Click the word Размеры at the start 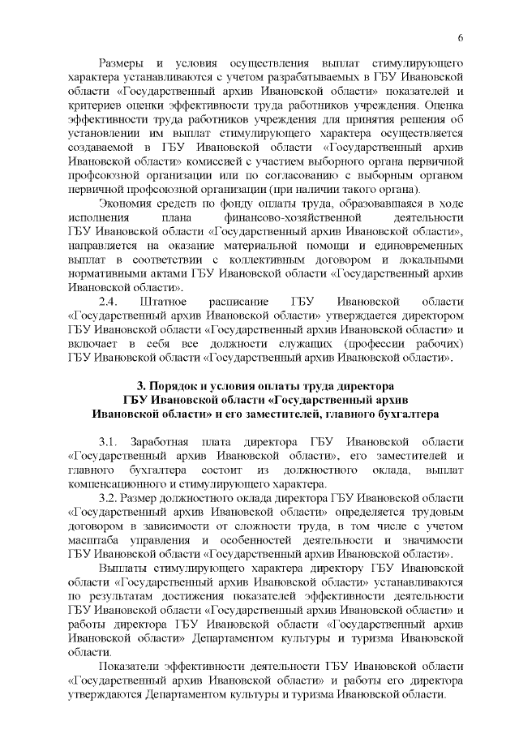click(122, 62)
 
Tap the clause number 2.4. click(109, 301)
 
